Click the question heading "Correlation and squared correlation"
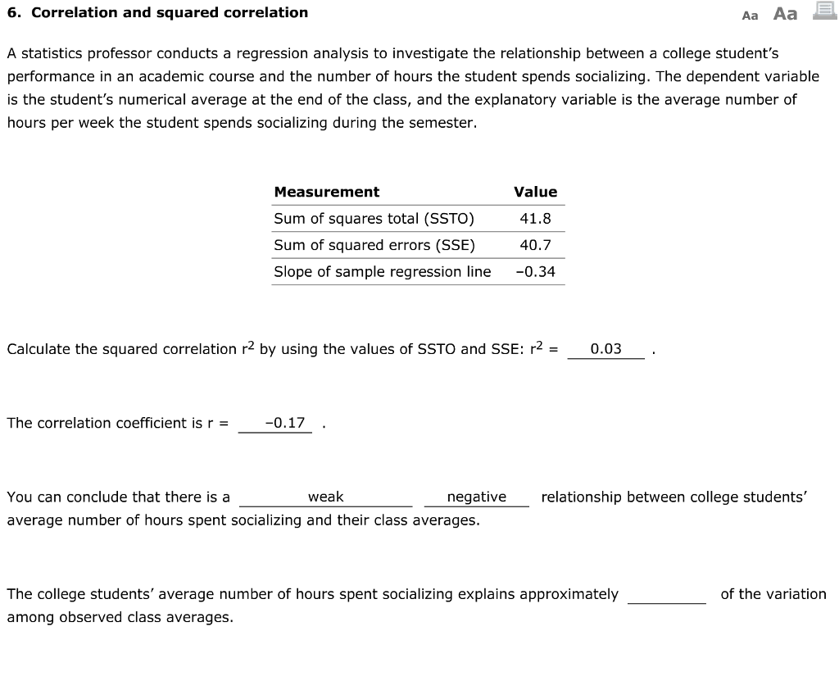pos(170,12)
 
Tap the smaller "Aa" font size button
pos(750,15)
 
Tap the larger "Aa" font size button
pos(785,13)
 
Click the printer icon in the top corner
pos(824,11)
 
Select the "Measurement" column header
pos(326,192)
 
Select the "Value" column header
pos(535,192)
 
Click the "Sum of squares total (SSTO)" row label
pos(374,219)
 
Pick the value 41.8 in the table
pos(535,219)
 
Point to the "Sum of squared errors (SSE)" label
pos(374,245)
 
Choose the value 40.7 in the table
pos(535,245)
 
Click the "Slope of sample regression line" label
pos(383,271)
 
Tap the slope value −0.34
pos(535,271)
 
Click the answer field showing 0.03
pos(605,349)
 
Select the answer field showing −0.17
pos(284,423)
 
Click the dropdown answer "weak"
pos(325,497)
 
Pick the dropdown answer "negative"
pos(476,497)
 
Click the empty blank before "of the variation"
pos(667,594)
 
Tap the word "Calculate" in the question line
pos(39,349)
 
